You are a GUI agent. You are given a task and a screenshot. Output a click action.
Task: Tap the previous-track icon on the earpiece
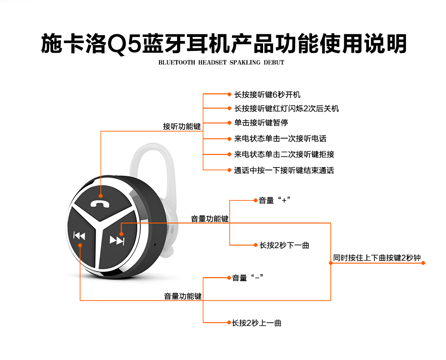pyautogui.click(x=79, y=236)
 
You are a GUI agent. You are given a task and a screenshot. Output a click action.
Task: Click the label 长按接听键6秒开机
pyautogui.click(x=267, y=95)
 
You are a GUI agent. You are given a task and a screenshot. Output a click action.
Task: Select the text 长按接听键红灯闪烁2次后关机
pyautogui.click(x=286, y=109)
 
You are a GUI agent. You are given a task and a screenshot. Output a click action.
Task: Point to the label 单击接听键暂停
pyautogui.click(x=261, y=123)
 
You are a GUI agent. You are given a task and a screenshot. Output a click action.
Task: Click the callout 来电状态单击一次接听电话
pyautogui.click(x=280, y=138)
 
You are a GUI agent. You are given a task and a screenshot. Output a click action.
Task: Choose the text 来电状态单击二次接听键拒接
pyautogui.click(x=284, y=154)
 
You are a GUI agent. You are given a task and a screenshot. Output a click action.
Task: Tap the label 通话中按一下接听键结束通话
pyautogui.click(x=284, y=170)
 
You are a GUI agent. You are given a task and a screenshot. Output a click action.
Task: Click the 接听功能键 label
pyautogui.click(x=182, y=127)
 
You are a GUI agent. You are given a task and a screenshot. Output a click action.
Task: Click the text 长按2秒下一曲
pyautogui.click(x=284, y=245)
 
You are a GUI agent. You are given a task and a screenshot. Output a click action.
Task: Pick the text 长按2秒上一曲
pyautogui.click(x=257, y=323)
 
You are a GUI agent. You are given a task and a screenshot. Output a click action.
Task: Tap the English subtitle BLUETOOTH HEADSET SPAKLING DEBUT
pyautogui.click(x=221, y=63)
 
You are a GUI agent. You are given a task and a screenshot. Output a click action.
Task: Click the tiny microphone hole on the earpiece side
pyautogui.click(x=155, y=245)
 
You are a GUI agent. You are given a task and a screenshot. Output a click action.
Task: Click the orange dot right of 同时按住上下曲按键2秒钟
pyautogui.click(x=423, y=263)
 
